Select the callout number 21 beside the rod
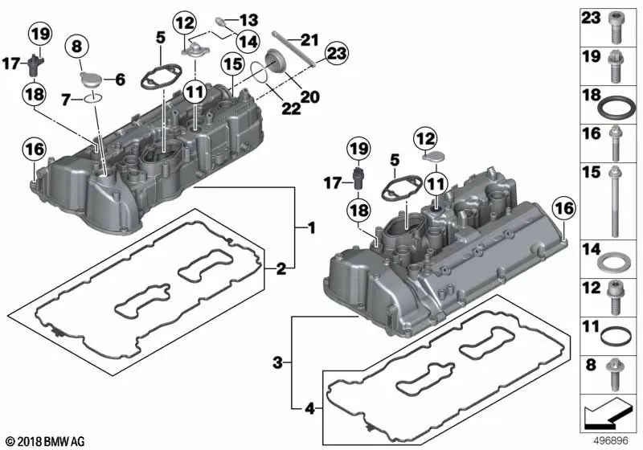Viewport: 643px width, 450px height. coord(309,39)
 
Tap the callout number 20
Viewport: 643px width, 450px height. coord(309,97)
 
